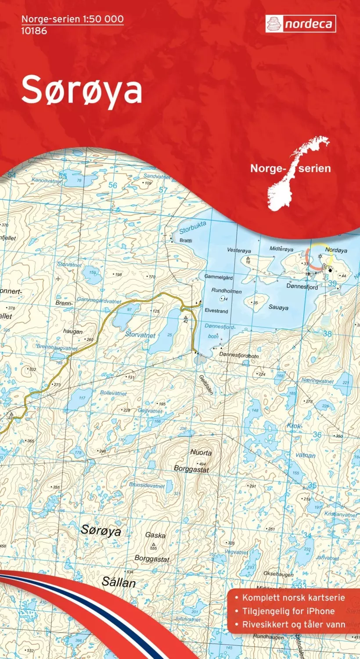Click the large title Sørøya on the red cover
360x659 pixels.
tap(82, 90)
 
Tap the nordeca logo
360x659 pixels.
tap(301, 24)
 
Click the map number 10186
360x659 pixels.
tap(34, 31)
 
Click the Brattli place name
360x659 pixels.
tap(186, 241)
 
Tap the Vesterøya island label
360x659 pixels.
tap(239, 250)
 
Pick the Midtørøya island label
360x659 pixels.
tap(281, 249)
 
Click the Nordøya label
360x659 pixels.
tap(336, 250)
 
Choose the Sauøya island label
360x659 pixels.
tap(278, 308)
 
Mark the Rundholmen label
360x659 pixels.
tap(227, 291)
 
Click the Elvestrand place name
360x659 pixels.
tap(216, 311)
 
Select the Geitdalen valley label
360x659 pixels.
tap(206, 384)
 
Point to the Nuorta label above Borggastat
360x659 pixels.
tap(201, 453)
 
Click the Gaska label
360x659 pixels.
tap(155, 535)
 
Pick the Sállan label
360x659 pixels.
tap(119, 583)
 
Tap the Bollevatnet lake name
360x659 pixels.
tap(114, 393)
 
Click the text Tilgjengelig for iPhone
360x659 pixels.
tap(288, 611)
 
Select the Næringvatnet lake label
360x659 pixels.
tap(317, 381)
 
